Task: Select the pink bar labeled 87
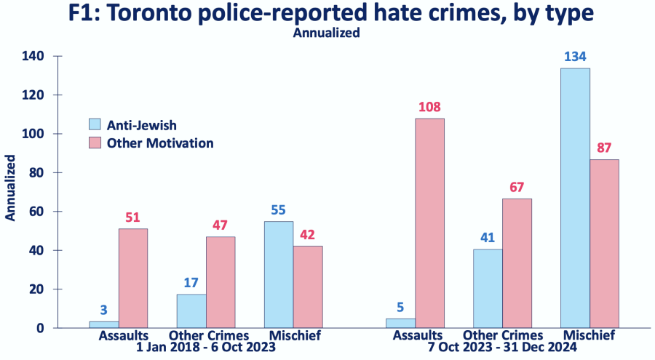pos(604,244)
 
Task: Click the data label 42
pos(308,234)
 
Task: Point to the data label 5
pos(400,306)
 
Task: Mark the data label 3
pos(104,309)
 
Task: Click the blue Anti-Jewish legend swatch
pos(95,124)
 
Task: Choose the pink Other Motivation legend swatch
pos(95,143)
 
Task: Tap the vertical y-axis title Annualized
pos(11,187)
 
